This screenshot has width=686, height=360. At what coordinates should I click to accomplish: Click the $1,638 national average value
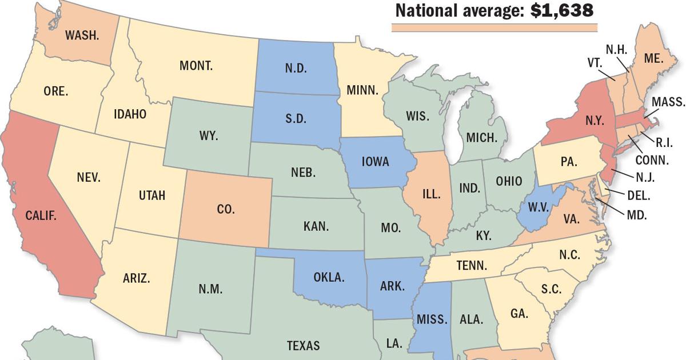561,10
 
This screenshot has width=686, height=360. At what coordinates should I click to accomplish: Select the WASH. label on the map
82,35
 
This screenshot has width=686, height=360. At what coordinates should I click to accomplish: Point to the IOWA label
375,162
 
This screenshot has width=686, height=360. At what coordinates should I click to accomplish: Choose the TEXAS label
303,345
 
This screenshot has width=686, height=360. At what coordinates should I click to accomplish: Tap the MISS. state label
433,319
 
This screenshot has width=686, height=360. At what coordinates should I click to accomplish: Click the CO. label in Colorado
226,210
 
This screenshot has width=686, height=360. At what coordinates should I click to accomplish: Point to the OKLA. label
329,278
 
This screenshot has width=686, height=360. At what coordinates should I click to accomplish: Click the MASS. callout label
668,102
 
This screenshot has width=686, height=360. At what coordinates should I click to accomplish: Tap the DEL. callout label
638,195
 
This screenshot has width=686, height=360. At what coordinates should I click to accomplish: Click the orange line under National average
494,27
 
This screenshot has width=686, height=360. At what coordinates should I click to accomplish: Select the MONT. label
196,66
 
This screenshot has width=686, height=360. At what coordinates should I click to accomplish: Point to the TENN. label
472,265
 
